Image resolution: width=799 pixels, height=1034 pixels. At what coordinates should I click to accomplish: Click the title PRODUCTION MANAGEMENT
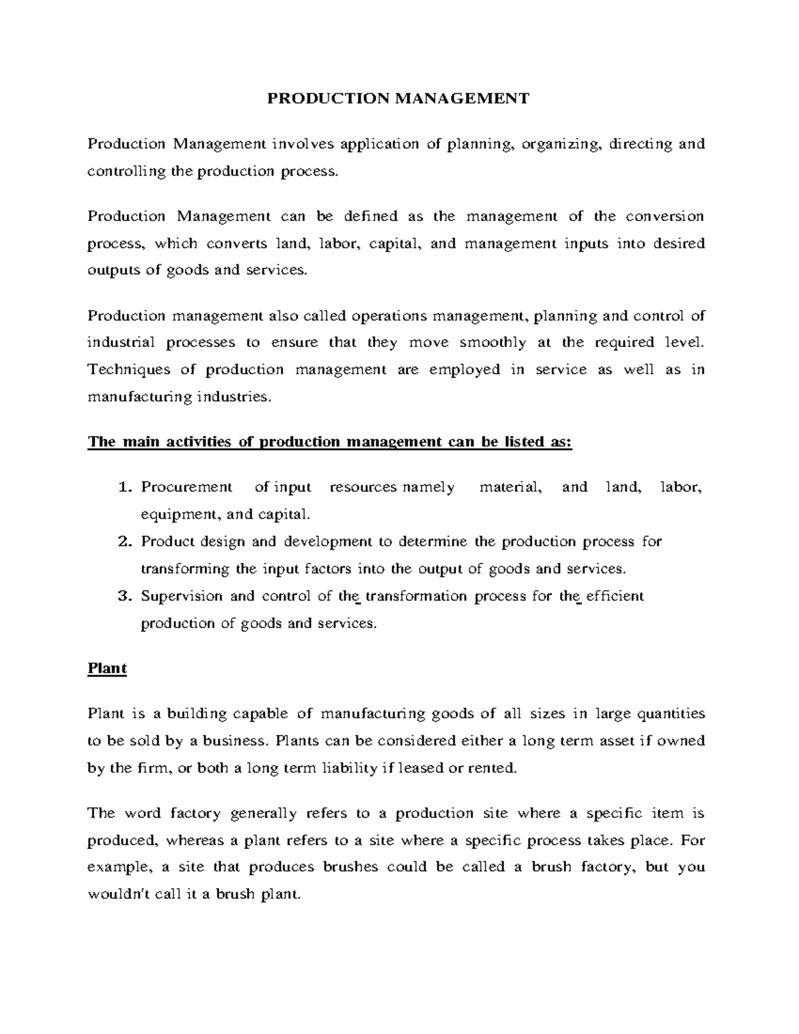pos(398,99)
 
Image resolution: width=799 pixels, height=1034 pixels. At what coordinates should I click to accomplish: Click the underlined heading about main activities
pos(330,443)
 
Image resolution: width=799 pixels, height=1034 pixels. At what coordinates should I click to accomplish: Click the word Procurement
pos(186,487)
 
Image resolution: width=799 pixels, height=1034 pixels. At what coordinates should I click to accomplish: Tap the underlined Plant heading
pos(107,668)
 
